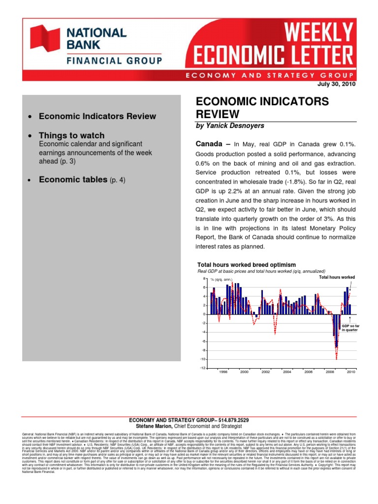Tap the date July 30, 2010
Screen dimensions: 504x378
338,84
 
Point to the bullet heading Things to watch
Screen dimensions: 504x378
72,135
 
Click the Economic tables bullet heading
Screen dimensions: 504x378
73,180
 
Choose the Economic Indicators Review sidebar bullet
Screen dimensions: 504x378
97,116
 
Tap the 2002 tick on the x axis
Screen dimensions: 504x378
266,372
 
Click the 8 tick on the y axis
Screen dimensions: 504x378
204,279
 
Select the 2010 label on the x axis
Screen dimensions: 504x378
350,372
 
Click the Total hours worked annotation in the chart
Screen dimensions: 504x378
337,277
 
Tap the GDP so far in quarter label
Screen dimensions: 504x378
349,328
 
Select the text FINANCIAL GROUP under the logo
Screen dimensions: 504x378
114,61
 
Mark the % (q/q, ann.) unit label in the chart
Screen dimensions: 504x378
221,279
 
